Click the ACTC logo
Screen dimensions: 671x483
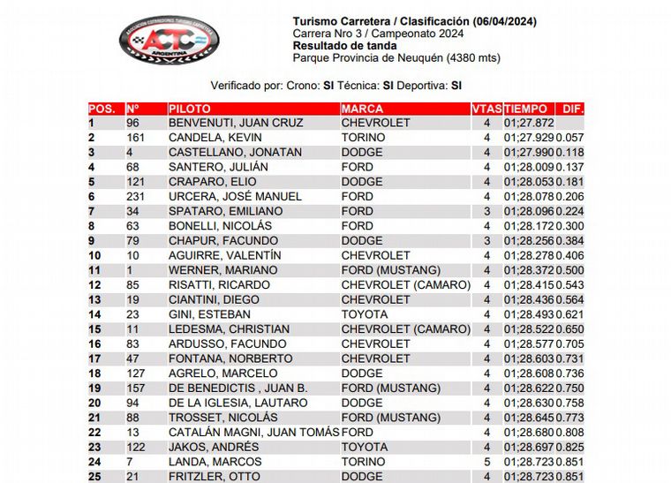click(x=170, y=39)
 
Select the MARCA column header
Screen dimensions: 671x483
click(x=362, y=109)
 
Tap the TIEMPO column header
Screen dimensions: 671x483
click(x=527, y=109)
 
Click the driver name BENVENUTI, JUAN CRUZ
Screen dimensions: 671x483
click(x=236, y=124)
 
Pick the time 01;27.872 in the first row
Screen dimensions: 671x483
click(x=529, y=124)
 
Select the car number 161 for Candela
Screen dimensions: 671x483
click(x=136, y=138)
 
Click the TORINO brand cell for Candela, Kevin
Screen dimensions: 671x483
click(x=363, y=138)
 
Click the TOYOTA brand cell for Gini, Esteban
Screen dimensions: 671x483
click(x=363, y=314)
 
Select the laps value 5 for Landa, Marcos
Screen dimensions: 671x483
click(x=486, y=462)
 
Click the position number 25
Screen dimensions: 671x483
click(x=94, y=477)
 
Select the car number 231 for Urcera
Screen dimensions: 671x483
click(x=136, y=197)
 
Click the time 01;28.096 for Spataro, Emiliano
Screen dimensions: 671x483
click(x=529, y=212)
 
